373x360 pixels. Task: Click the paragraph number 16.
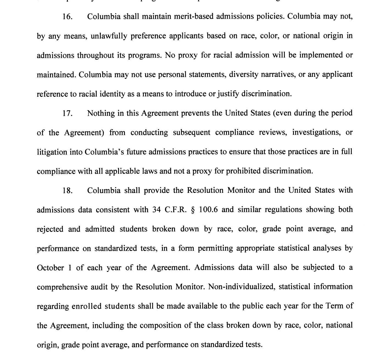pos(67,17)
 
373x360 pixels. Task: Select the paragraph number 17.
pos(67,114)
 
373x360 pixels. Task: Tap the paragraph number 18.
pos(67,191)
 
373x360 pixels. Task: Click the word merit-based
pos(195,17)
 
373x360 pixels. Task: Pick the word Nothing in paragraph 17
pos(101,113)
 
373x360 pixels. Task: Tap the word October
pos(50,268)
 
